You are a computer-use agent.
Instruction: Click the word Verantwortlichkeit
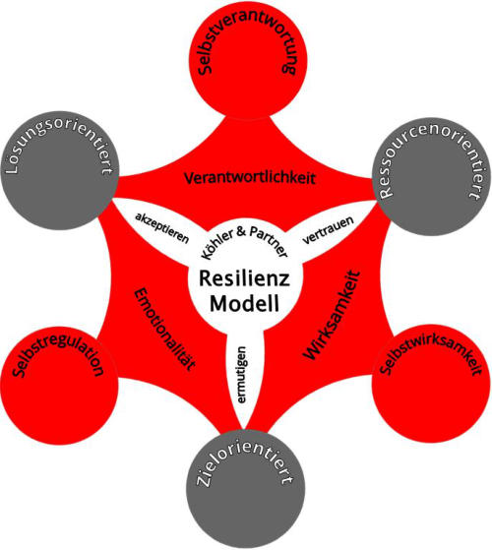point(250,178)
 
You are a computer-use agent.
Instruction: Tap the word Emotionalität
point(164,329)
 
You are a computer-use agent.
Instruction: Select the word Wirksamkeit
point(332,315)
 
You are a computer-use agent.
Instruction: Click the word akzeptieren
point(162,227)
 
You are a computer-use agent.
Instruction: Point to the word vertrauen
point(328,230)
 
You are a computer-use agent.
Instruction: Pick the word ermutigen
point(242,375)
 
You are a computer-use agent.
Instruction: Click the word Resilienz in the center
point(244,278)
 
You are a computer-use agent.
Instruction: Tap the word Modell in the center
point(244,303)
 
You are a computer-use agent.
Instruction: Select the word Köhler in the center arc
point(217,243)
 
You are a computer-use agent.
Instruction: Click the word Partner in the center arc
point(269,240)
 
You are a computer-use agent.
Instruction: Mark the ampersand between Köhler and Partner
point(241,231)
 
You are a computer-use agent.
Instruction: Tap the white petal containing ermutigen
point(244,372)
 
